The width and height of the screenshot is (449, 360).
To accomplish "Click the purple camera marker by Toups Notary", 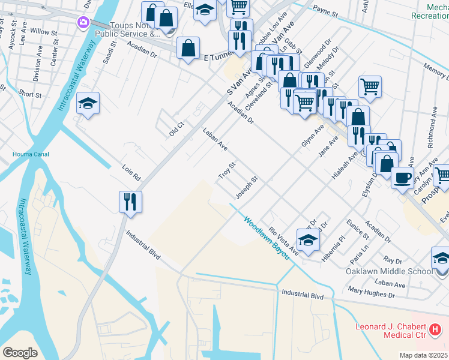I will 83,23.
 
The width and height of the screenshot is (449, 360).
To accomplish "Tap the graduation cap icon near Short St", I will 88,104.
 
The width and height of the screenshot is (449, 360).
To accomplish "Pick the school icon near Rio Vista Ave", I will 308,239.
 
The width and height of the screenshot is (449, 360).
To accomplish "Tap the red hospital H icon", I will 436,329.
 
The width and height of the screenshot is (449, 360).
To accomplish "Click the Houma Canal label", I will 28,154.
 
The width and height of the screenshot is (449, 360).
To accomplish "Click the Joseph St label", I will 246,187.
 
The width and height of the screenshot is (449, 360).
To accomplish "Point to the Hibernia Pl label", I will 334,245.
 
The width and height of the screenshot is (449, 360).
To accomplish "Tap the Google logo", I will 20,352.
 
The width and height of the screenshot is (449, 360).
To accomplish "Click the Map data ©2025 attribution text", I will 423,355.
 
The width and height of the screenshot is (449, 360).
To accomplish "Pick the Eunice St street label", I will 358,229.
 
